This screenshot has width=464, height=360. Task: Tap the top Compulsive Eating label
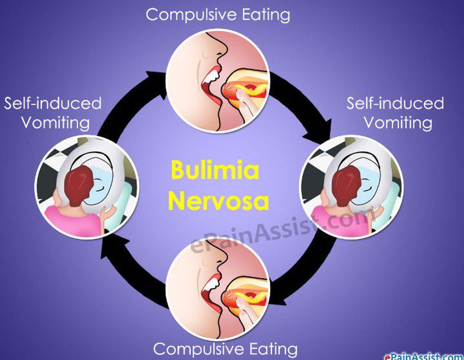click(219, 14)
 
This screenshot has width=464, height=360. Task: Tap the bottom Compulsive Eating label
click(225, 349)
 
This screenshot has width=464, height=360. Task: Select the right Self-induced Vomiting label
click(395, 113)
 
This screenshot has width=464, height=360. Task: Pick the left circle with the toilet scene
click(86, 184)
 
